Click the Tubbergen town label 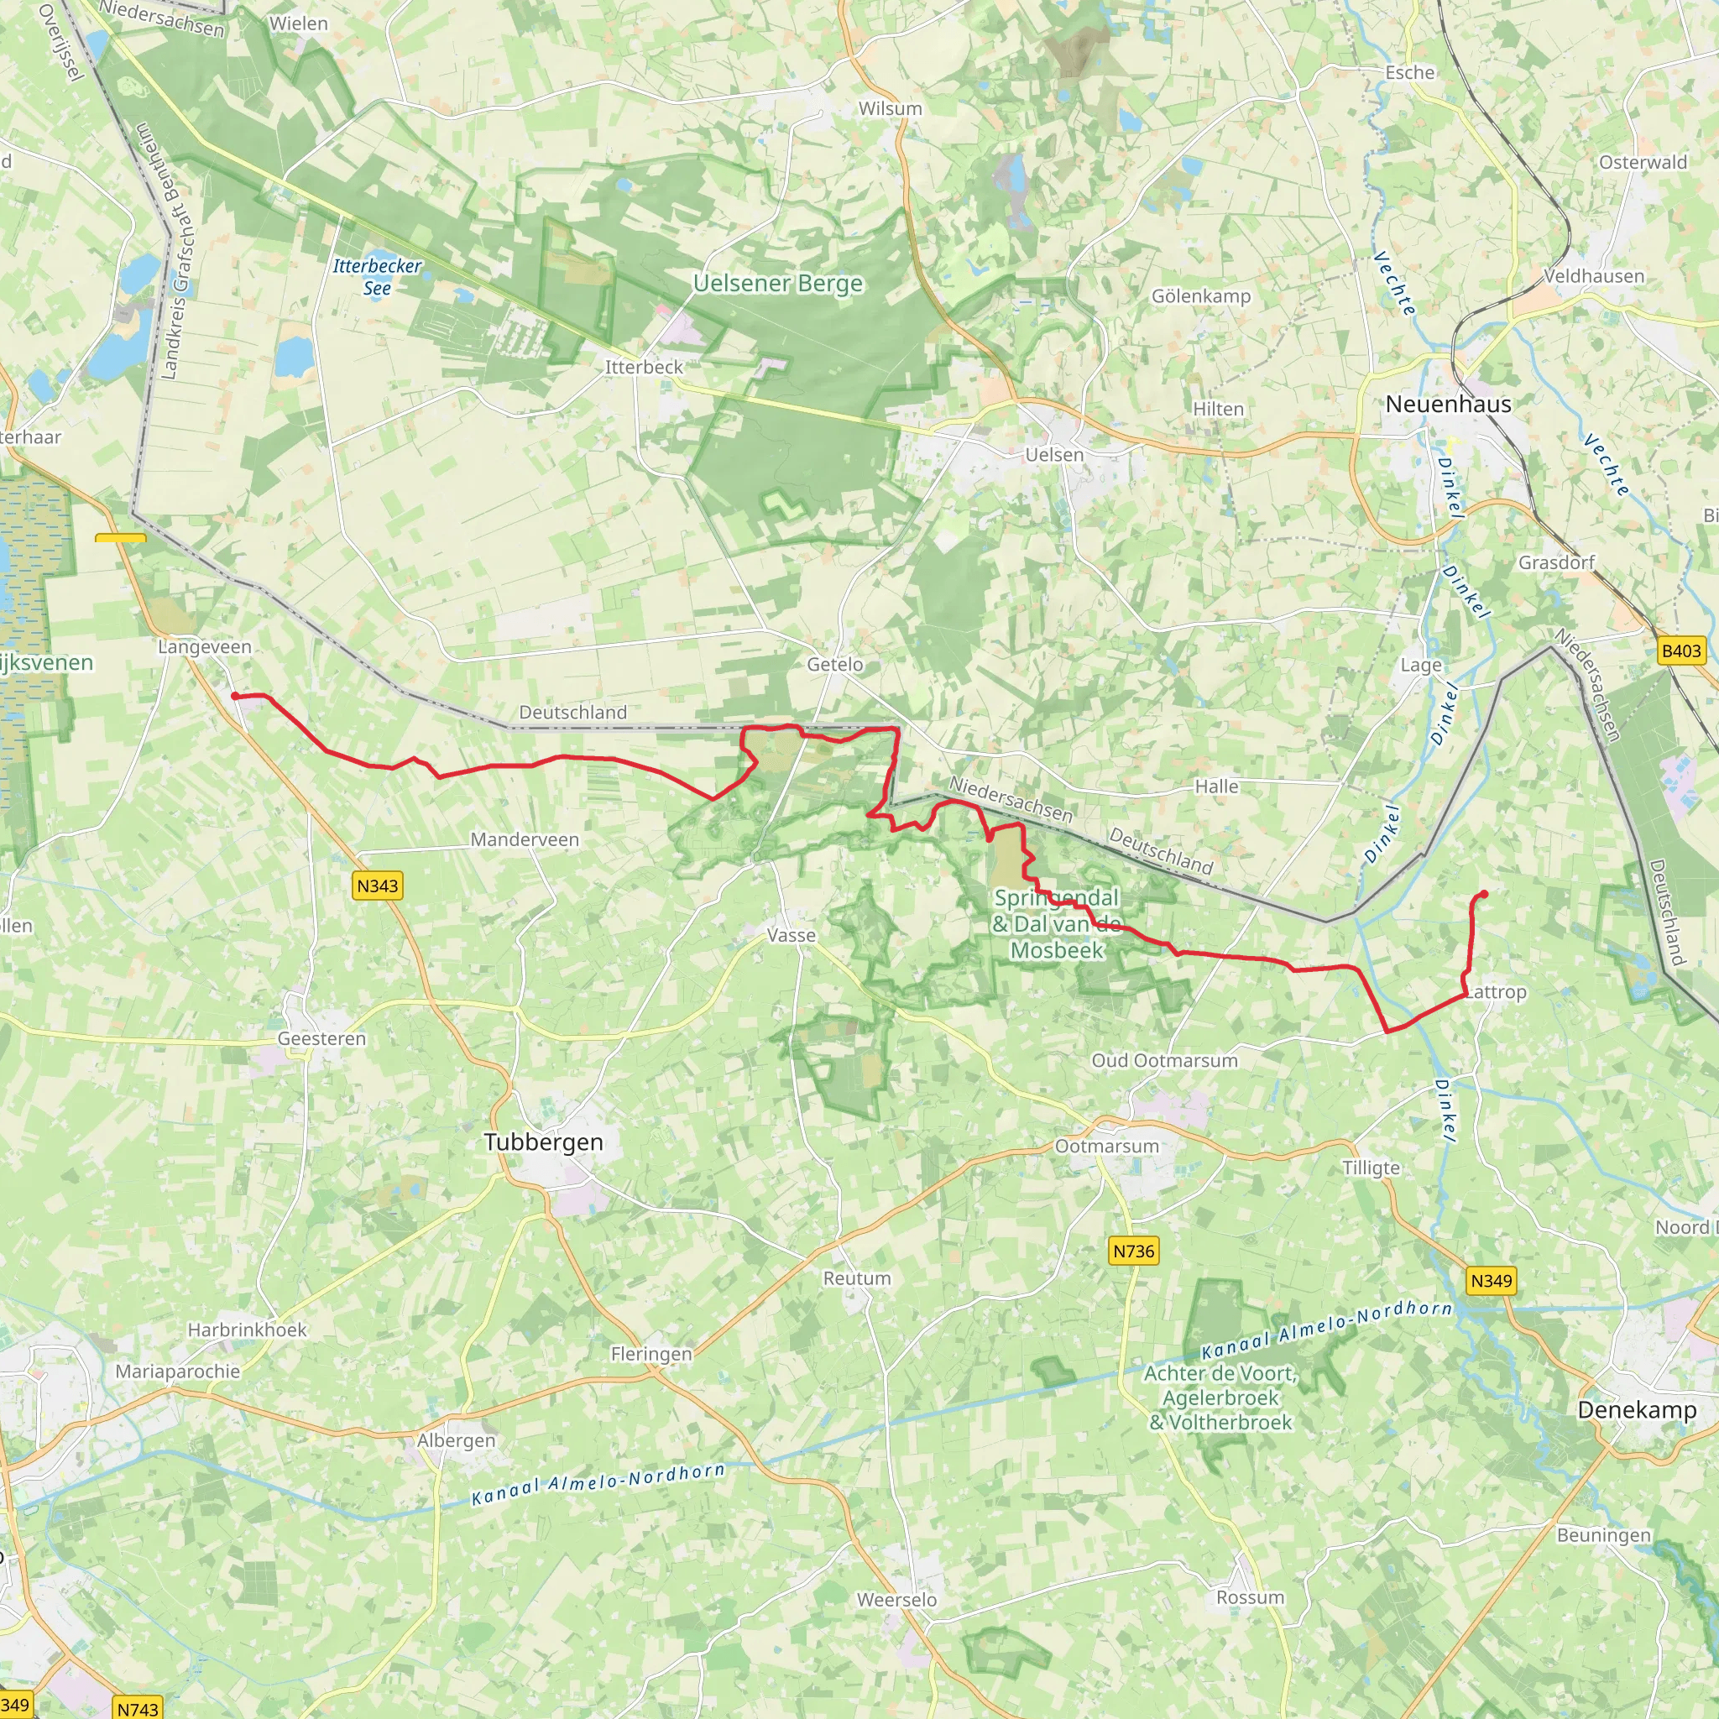[544, 1142]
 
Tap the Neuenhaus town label [1448, 404]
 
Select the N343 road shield [377, 886]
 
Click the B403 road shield [1680, 651]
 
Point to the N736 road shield [1133, 1251]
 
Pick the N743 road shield [138, 1708]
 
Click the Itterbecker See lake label [377, 277]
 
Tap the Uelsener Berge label [777, 283]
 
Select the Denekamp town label [1636, 1409]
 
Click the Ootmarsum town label [1107, 1146]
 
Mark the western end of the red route [235, 696]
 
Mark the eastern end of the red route [1484, 894]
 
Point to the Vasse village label [791, 935]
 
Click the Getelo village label [834, 665]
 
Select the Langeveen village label [205, 647]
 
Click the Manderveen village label [524, 839]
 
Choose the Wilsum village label [890, 108]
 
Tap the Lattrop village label [1495, 991]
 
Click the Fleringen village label [651, 1354]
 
